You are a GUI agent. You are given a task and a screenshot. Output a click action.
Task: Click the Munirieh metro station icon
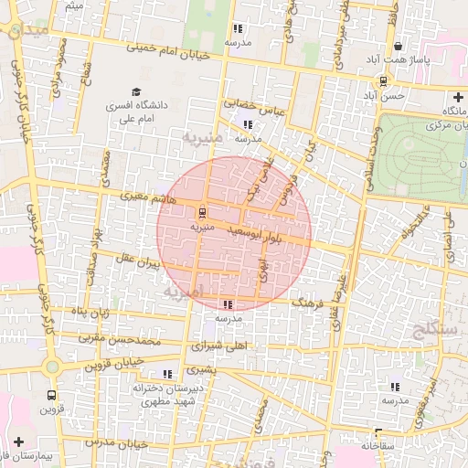202,208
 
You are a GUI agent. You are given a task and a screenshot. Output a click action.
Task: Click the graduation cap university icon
137,92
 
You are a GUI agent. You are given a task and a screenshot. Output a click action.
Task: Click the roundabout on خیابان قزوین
52,367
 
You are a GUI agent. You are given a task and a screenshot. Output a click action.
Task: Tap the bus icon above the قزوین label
50,396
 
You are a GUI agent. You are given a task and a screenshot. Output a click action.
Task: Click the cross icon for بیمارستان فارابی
18,441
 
